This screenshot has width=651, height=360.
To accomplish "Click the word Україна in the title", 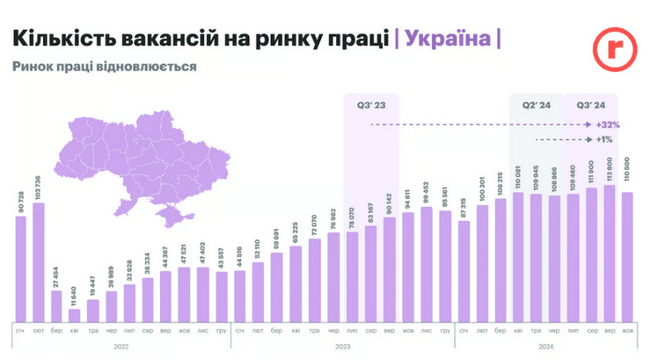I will pyautogui.click(x=449, y=40).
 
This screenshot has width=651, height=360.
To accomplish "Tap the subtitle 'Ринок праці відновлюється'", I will pyautogui.click(x=104, y=67).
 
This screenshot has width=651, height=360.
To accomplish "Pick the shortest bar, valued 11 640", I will pyautogui.click(x=75, y=315).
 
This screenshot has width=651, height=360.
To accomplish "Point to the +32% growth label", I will pyautogui.click(x=608, y=125).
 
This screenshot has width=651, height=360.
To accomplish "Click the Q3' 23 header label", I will pyautogui.click(x=369, y=105).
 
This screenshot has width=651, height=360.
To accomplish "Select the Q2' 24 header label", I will pyautogui.click(x=537, y=105).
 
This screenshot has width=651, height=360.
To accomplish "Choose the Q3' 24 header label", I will pyautogui.click(x=589, y=105).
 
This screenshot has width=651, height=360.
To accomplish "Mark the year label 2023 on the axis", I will pyautogui.click(x=342, y=346).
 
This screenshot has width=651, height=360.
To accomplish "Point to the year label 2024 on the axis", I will pyautogui.click(x=545, y=346).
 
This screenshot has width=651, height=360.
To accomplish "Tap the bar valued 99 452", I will pyautogui.click(x=427, y=265).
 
